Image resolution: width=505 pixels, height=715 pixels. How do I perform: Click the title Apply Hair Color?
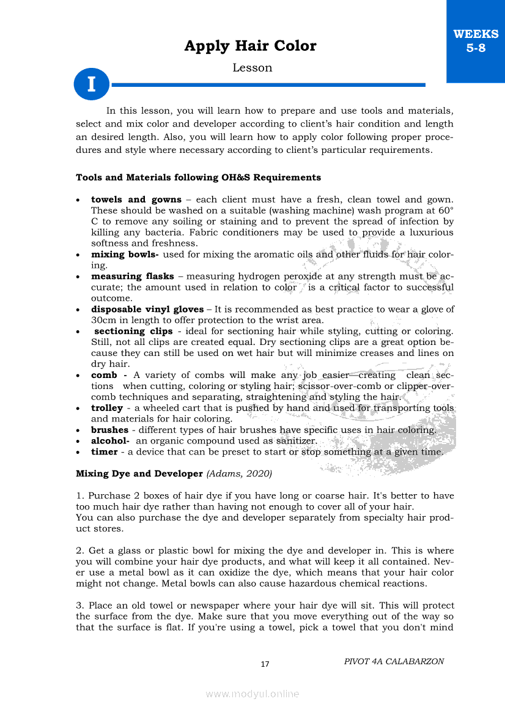point(250,46)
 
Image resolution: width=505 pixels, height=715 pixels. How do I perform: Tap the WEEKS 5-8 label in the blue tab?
point(476,41)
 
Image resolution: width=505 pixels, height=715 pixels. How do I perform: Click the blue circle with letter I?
point(91,84)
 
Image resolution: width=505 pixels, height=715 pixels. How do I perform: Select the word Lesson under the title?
point(252,68)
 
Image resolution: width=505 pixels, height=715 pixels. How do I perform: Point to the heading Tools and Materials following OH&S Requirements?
point(198,177)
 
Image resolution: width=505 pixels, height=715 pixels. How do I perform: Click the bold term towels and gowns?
point(136,199)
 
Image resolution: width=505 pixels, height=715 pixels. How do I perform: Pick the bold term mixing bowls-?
point(125,254)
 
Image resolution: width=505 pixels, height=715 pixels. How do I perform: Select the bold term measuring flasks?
point(132,276)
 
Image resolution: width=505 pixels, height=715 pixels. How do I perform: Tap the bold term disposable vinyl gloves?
point(147,309)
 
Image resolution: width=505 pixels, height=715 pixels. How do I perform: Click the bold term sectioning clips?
point(133,331)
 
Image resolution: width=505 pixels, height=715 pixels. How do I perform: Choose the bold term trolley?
point(106,408)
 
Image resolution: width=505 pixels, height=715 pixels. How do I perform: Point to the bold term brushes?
point(109,430)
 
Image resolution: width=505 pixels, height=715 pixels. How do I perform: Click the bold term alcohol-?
point(110,440)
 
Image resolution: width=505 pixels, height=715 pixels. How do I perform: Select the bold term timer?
point(104,452)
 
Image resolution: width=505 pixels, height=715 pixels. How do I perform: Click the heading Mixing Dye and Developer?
point(139,473)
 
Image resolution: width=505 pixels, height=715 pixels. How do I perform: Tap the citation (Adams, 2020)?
point(239,473)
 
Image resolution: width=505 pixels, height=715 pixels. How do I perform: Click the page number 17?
point(265,664)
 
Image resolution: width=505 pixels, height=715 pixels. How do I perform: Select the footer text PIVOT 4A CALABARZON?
point(394,661)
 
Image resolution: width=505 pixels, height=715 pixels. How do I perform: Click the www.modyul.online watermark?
point(253,694)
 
